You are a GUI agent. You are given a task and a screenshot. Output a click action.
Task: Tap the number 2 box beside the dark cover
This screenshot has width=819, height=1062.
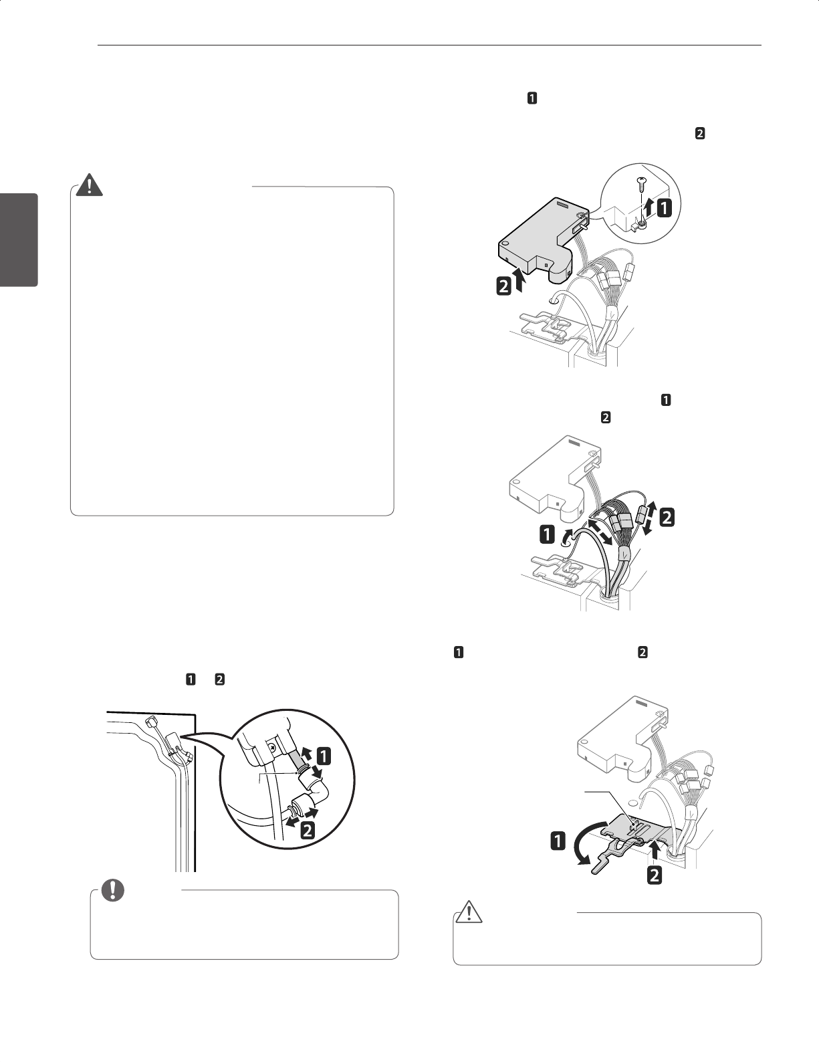[x=500, y=287]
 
